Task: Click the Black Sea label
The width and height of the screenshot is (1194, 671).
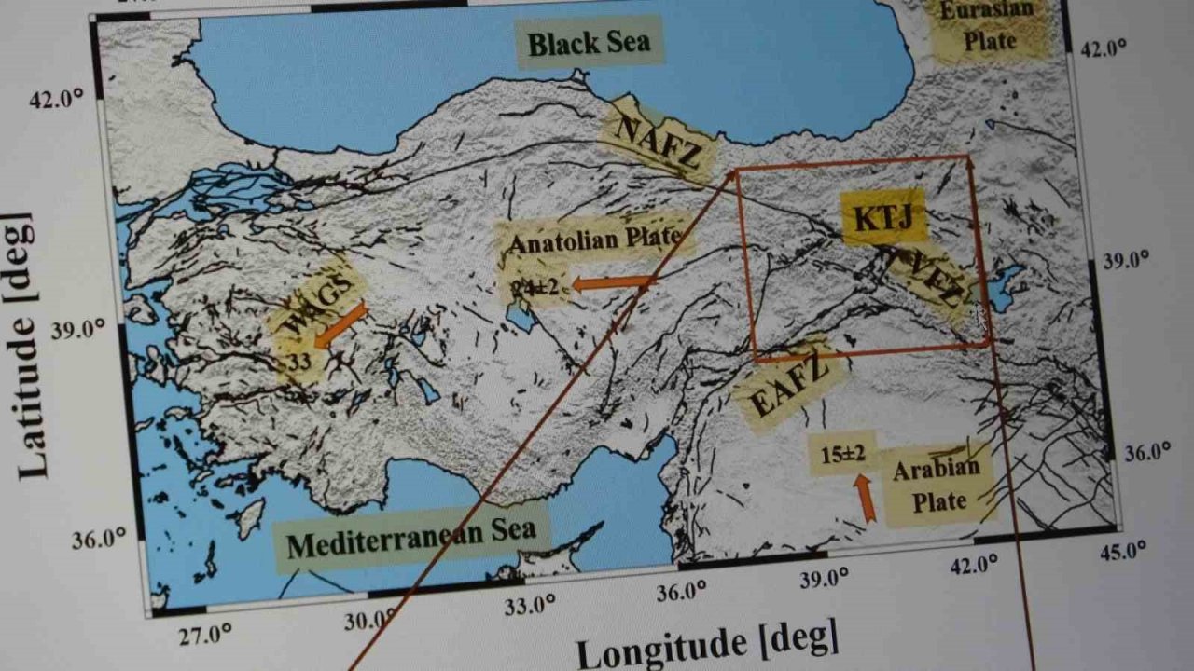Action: click(x=589, y=43)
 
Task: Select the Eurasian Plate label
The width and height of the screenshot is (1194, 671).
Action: click(x=988, y=26)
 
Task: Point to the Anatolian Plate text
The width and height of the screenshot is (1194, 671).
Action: click(x=594, y=240)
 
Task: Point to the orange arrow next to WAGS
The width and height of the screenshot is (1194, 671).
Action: click(x=340, y=324)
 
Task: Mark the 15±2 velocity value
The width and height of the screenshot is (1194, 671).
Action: click(x=843, y=455)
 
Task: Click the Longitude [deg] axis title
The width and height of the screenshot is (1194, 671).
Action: click(x=706, y=643)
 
